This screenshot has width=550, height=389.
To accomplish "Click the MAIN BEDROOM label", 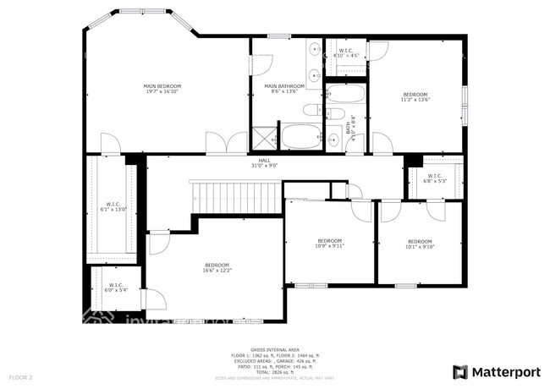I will point(162,89).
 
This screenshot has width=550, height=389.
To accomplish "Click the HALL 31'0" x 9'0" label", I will point(264,163).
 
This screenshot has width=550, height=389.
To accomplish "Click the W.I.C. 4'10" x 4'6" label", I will point(347,52).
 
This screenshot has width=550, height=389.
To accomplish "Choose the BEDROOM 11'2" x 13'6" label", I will point(415,96).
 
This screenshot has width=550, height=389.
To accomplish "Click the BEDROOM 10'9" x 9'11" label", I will point(329,243).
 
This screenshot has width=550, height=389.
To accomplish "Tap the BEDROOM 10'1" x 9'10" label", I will point(420,244).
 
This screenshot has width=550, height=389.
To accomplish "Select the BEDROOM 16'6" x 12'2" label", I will point(217,269).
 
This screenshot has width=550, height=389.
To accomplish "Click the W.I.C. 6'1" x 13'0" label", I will point(113,206).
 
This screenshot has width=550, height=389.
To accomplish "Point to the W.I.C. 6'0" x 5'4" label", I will point(114,288).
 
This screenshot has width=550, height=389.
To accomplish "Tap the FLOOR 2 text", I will point(20,375).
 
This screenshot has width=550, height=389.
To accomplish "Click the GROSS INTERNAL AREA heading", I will point(275,348).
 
